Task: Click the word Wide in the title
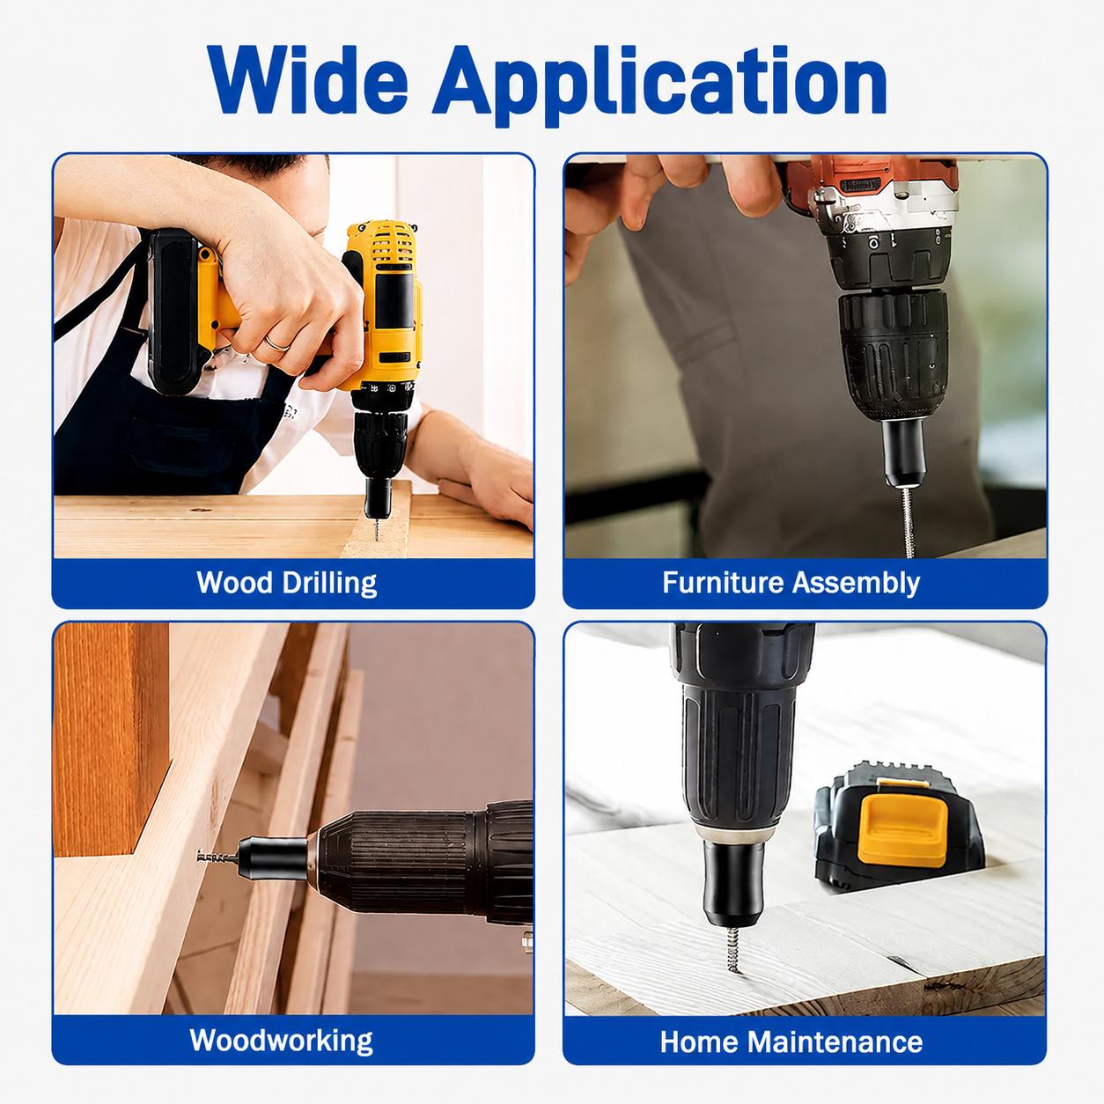(307, 79)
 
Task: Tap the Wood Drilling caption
(286, 583)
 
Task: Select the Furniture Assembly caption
(791, 583)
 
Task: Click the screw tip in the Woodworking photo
(200, 857)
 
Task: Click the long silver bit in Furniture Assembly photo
(907, 522)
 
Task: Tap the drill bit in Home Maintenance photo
(733, 949)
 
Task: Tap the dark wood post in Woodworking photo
(111, 739)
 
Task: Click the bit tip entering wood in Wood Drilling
(377, 535)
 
